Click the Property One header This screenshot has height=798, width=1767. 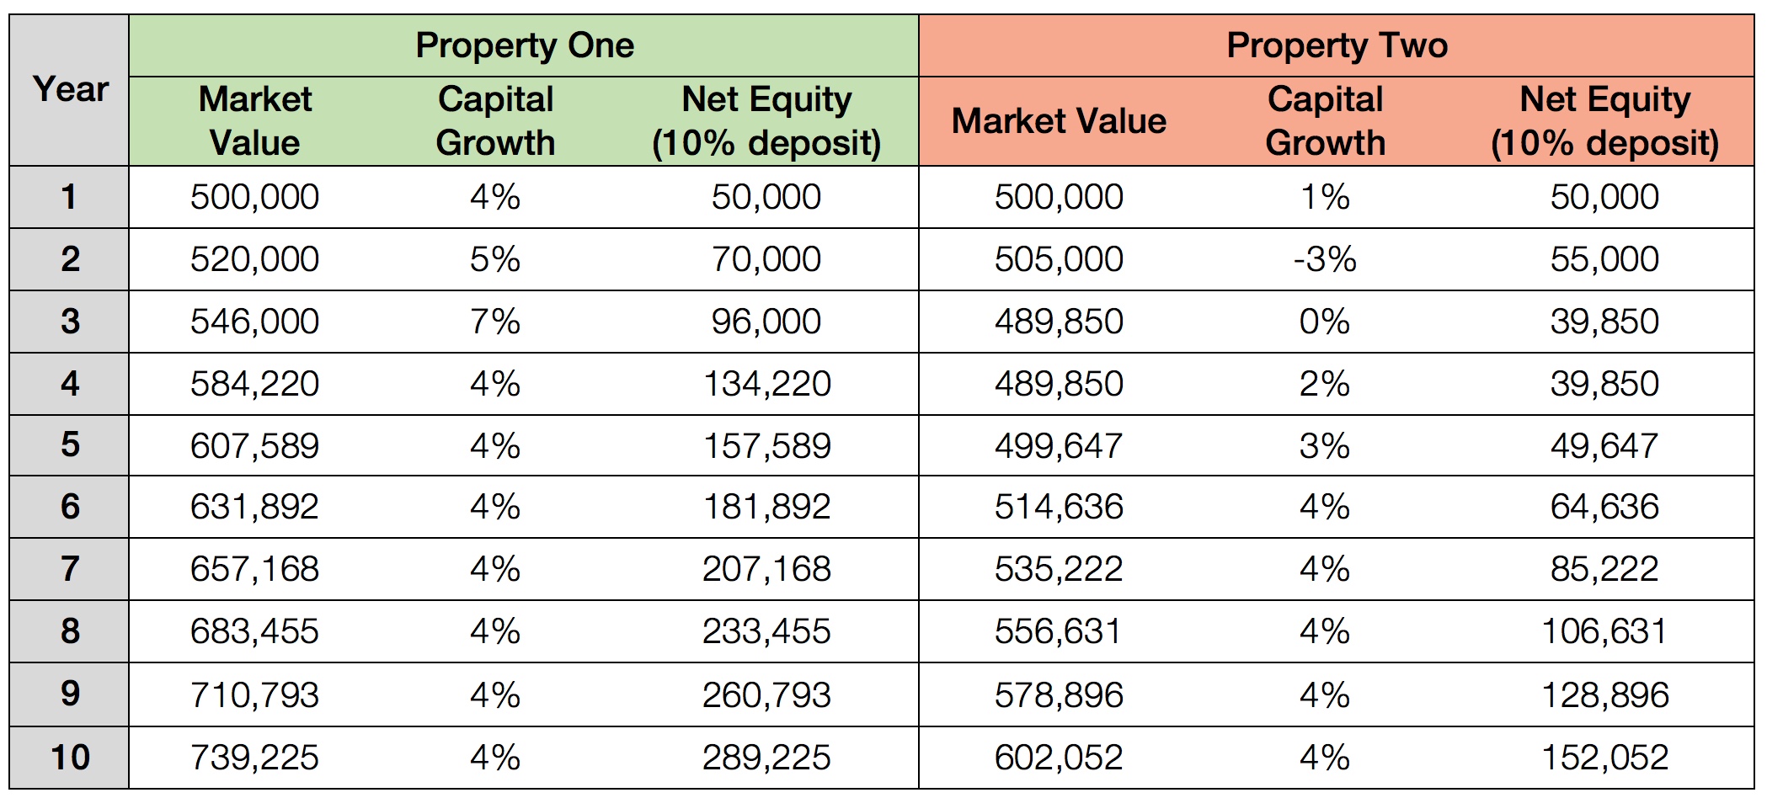coord(524,45)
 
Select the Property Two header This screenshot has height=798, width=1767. coord(1337,45)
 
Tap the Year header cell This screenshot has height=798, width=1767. coord(71,89)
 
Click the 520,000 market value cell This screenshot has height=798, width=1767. coord(254,259)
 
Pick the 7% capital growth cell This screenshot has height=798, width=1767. coord(495,322)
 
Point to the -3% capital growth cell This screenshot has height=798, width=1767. coord(1325,259)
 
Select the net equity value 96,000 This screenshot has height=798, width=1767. coord(766,322)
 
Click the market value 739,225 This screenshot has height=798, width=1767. coord(254,758)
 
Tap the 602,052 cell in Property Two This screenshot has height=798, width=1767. coord(1059,758)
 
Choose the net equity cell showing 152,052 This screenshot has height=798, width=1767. coord(1604,758)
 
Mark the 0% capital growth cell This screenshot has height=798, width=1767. coord(1325,322)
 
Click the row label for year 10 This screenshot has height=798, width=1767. coord(70,758)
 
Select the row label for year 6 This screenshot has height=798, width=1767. coord(70,507)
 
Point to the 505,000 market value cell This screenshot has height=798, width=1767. coord(1059,259)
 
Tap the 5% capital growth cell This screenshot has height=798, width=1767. coord(495,259)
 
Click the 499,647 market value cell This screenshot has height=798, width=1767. coord(1059,446)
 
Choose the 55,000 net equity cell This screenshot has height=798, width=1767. coord(1604,259)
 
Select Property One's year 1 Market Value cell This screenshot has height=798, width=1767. coord(254,197)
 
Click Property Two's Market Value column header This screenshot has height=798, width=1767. coord(1059,121)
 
